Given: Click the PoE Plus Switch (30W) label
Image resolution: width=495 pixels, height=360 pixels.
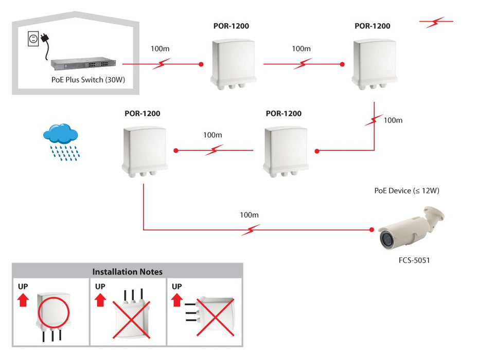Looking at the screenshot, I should coord(89,80).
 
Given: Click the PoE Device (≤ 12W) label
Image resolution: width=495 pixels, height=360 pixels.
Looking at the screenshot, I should coord(406,191).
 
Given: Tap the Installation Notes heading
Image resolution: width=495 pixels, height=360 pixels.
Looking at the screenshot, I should coord(127,272).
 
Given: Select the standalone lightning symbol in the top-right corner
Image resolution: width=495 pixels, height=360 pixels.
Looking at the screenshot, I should coord(436,22).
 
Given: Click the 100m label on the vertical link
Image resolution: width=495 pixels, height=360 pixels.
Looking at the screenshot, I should coord(393,120).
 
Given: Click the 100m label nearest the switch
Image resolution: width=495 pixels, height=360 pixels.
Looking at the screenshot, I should coord(160,49).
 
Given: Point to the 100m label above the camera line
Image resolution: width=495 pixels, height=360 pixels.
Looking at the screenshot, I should coord(249,214).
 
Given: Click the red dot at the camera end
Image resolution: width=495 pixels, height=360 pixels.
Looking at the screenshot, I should coord(372,230).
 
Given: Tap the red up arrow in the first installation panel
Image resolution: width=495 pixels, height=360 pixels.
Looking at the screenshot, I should coord(23,300).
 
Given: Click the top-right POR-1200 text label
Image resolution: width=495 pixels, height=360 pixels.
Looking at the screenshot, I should coord(372,26).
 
